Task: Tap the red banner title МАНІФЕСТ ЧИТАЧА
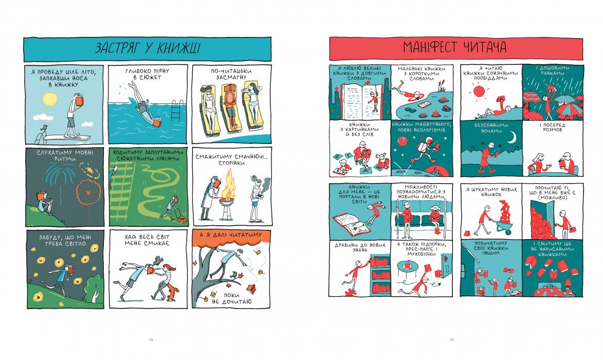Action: click(454, 47)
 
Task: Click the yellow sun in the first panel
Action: click(50, 99)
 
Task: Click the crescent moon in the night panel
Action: click(512, 137)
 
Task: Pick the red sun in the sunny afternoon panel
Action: click(479, 92)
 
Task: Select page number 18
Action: click(151, 339)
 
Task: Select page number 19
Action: click(452, 339)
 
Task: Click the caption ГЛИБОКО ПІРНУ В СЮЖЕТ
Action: click(147, 74)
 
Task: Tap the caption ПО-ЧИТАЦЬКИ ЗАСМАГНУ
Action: click(231, 74)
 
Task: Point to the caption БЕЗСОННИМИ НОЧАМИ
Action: click(491, 128)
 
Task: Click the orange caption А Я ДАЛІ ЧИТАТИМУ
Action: click(231, 235)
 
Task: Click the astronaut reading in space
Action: click(424, 151)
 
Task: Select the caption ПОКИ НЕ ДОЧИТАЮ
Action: click(232, 298)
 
